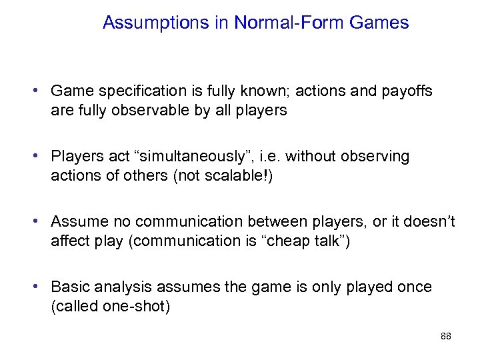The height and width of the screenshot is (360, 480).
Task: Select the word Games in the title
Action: pyautogui.click(x=379, y=23)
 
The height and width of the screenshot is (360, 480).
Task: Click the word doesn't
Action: pyautogui.click(x=427, y=222)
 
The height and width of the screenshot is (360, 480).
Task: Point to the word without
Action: pyautogui.click(x=312, y=157)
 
